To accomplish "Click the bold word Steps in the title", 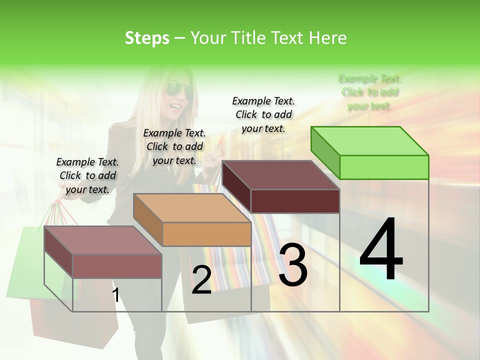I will [147, 38].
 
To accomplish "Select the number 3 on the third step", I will [293, 265].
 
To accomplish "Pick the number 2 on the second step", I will [201, 280].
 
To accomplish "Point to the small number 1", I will [116, 295].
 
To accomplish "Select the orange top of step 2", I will [192, 208].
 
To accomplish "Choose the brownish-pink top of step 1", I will [103, 240].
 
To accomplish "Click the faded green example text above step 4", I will [370, 92].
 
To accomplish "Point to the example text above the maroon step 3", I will [263, 114].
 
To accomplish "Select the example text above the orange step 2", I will [174, 146].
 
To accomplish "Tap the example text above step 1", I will [87, 175].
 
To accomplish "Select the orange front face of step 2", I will [206, 234].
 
